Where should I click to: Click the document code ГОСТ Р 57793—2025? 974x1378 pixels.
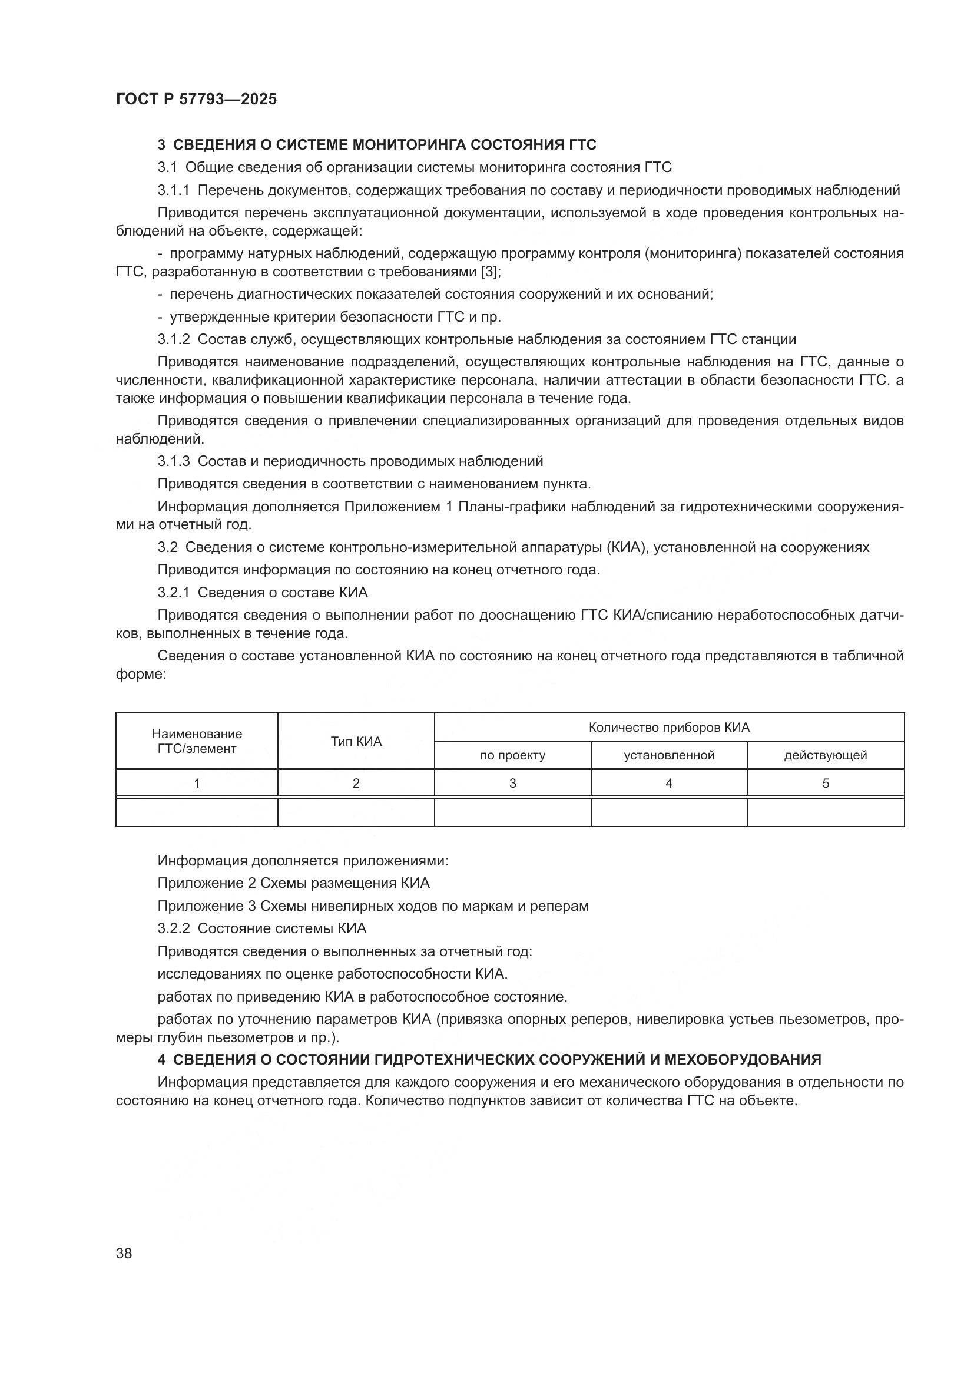(x=196, y=99)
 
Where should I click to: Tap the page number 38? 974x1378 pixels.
(x=124, y=1253)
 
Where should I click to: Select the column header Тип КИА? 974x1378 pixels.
(x=356, y=741)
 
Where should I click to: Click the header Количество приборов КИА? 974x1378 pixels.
(x=669, y=728)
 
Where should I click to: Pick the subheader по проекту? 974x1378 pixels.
(x=512, y=756)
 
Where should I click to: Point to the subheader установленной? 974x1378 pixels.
(x=669, y=756)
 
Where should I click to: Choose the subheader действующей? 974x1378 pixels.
(x=825, y=756)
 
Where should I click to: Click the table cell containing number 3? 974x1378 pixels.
(x=512, y=783)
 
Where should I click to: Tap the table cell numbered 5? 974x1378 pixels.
(x=825, y=783)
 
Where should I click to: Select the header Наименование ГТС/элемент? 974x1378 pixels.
(x=197, y=741)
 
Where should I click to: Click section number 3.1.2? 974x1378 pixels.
(x=173, y=340)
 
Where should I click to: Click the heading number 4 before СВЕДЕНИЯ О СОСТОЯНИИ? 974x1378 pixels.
(x=161, y=1060)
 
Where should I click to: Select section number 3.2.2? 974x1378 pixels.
(x=173, y=929)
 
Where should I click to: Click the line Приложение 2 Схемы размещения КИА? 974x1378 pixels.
(x=293, y=884)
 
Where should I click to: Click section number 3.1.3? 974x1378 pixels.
(x=173, y=461)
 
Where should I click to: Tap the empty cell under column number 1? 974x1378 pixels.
(x=197, y=812)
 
